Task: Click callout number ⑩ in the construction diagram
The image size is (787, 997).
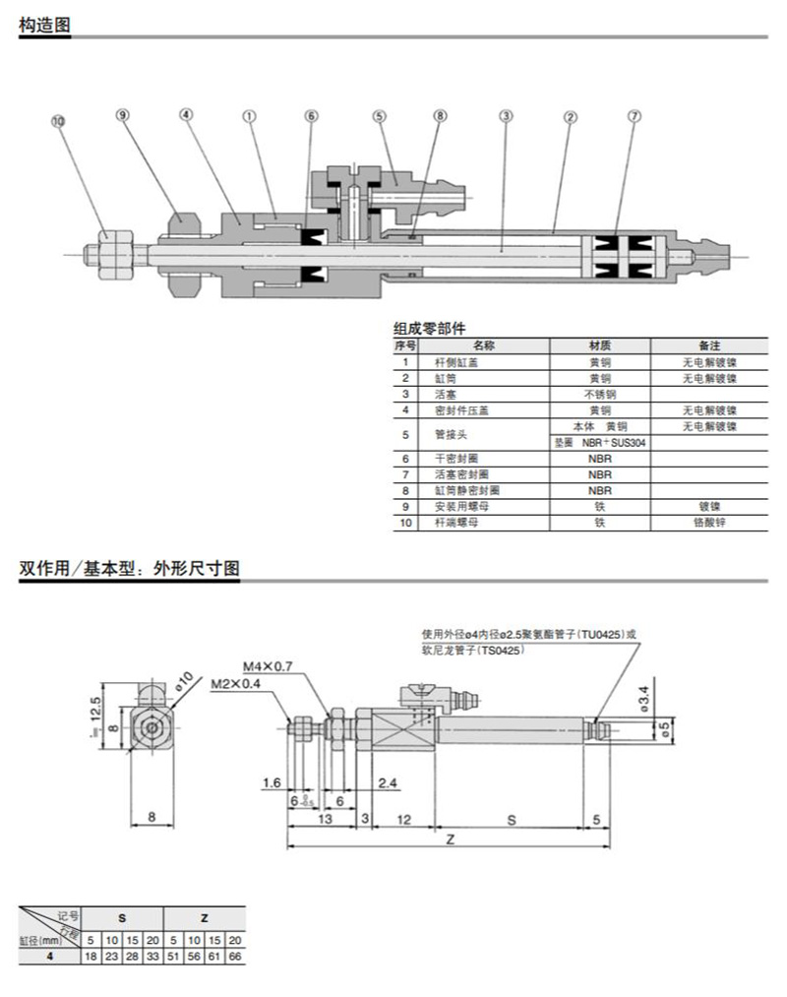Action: click(58, 121)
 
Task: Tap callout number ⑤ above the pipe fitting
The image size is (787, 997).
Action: click(379, 115)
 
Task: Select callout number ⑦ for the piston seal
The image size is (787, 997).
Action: click(635, 115)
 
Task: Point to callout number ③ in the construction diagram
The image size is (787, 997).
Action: click(506, 115)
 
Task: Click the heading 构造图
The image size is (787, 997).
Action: click(45, 27)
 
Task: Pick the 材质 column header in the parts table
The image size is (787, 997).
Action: click(599, 346)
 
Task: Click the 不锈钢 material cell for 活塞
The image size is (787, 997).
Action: click(599, 394)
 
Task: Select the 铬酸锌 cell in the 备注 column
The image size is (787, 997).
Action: click(709, 523)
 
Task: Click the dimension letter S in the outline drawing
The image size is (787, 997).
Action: click(511, 819)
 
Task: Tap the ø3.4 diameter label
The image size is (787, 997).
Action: click(643, 696)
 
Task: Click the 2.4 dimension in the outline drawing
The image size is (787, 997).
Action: click(388, 783)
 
